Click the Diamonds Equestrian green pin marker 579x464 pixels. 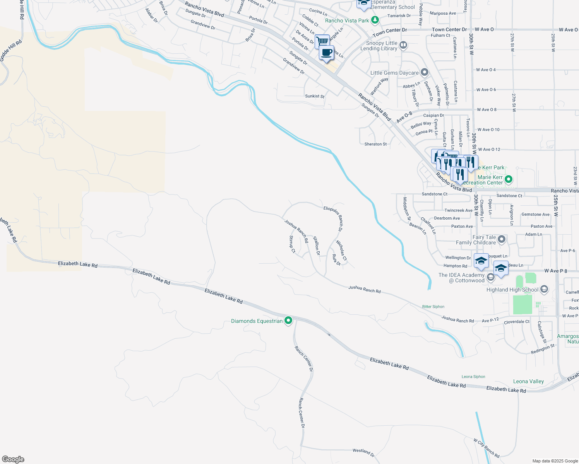point(288,321)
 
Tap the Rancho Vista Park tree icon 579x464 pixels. point(375,20)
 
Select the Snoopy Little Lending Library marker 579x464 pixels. point(403,46)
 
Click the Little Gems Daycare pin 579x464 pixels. point(425,73)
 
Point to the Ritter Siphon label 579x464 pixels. point(433,307)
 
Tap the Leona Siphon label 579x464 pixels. point(473,377)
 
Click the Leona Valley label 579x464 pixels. point(528,382)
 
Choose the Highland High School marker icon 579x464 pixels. point(544,289)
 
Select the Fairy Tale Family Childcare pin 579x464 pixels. point(502,240)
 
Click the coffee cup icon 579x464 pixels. point(327,52)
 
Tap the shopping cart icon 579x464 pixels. point(322,41)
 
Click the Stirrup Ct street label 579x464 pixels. point(292,244)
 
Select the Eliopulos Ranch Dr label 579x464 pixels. point(333,218)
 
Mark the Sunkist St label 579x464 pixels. point(315,96)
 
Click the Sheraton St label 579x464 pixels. point(375,144)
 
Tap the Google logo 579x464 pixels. point(13,459)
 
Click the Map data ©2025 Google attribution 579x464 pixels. point(555,461)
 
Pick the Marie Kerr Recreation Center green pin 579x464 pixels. point(509,179)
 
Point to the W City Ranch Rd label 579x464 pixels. point(486,448)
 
